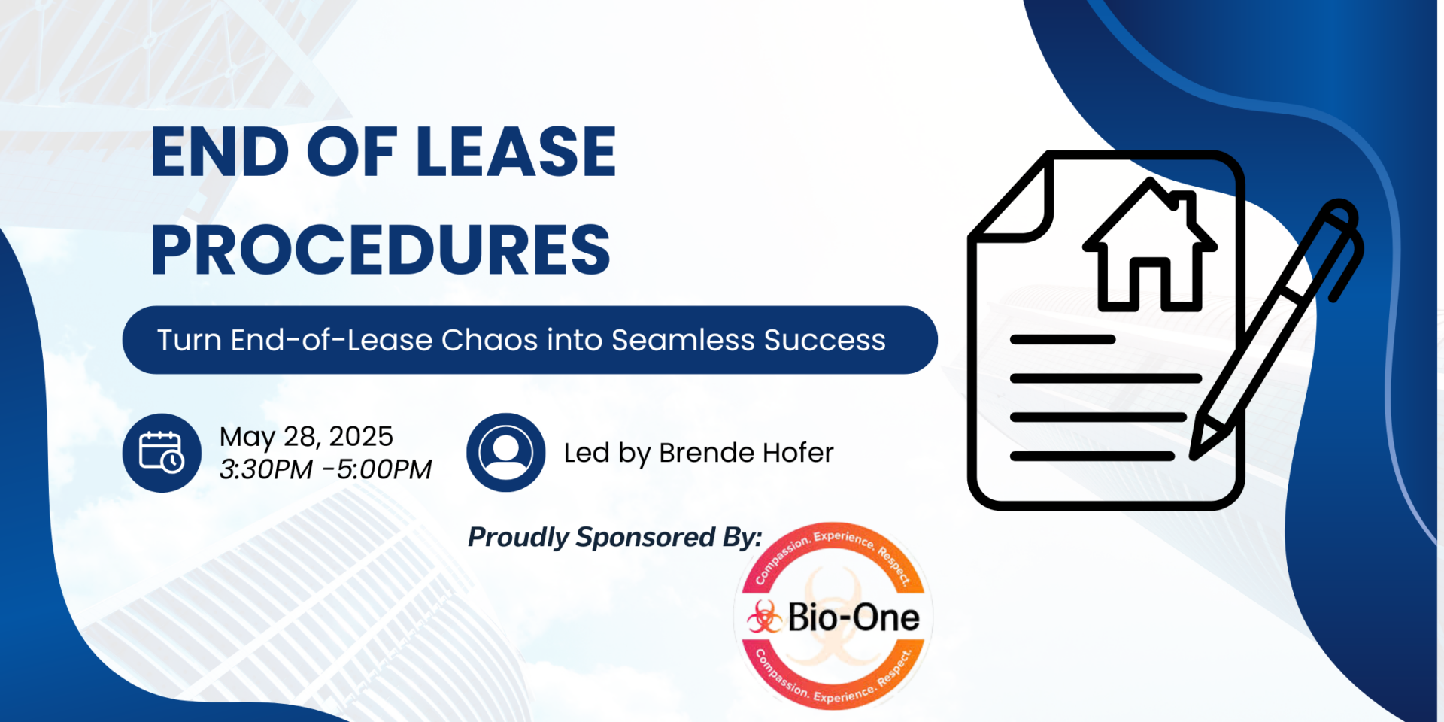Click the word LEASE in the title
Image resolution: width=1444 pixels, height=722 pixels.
(x=516, y=152)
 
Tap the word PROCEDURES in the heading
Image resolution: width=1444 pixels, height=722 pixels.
(x=381, y=250)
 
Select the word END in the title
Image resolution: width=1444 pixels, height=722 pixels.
(x=220, y=152)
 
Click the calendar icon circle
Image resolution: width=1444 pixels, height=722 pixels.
(x=162, y=453)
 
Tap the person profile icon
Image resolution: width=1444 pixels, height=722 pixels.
(x=506, y=453)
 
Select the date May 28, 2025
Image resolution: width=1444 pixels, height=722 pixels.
(x=306, y=437)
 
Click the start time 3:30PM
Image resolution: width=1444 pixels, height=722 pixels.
(x=265, y=469)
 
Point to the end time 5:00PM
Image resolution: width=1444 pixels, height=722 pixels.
(x=384, y=469)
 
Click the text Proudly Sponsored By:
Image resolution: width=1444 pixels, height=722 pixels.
(x=614, y=537)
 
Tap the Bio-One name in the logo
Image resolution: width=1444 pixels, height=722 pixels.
(x=854, y=617)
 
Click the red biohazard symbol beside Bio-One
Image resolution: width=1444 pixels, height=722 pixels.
(x=765, y=617)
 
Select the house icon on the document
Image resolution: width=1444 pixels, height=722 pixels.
(x=1149, y=246)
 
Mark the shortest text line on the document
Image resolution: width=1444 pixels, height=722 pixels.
(x=1062, y=340)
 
